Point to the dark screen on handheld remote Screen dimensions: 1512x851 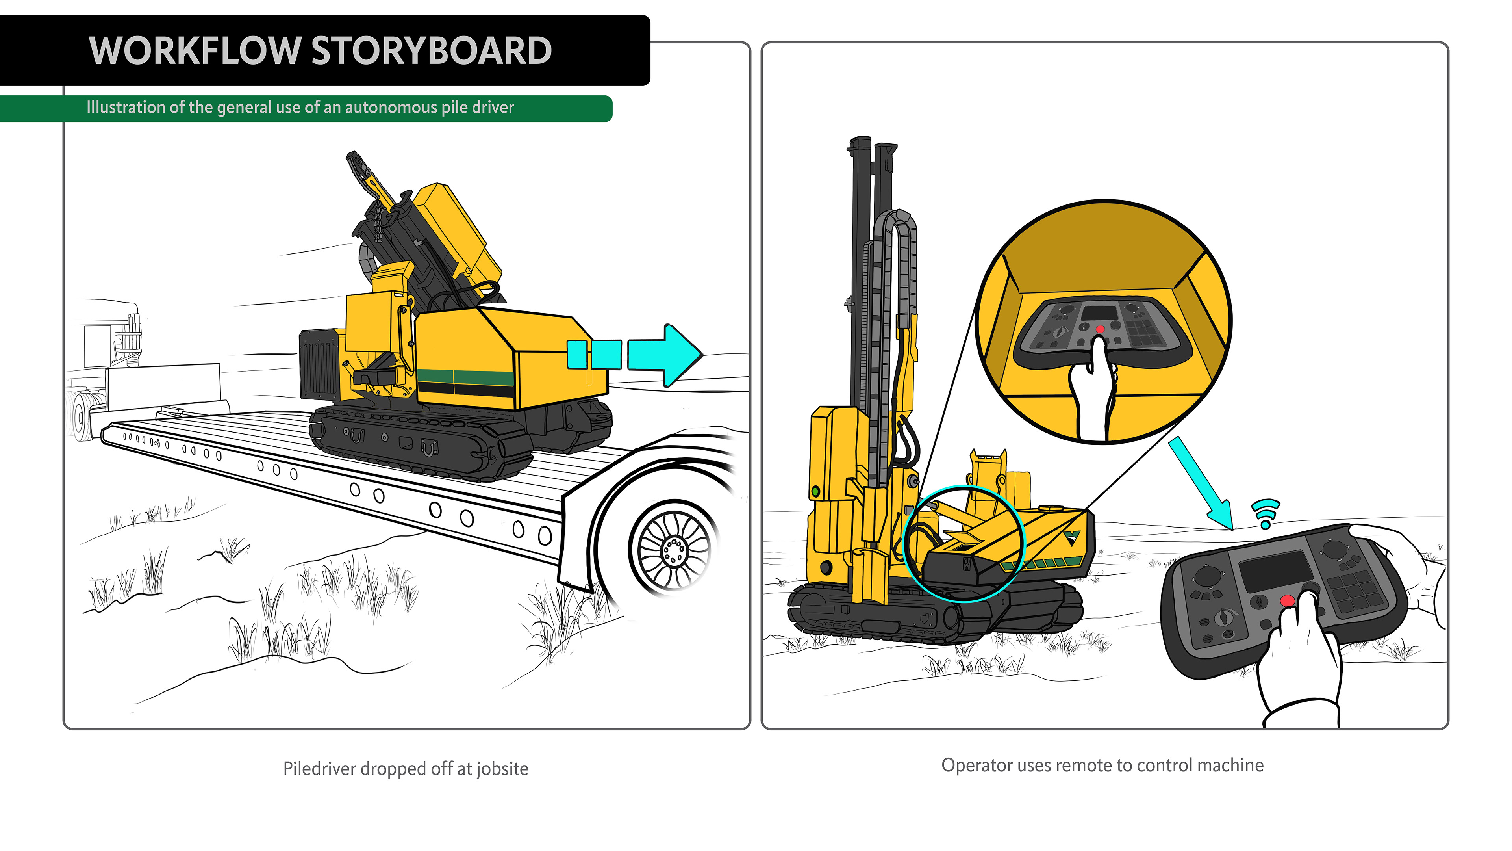(x=1275, y=571)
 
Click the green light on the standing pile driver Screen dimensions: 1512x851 (x=815, y=491)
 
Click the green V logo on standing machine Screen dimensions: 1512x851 (x=1072, y=538)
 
